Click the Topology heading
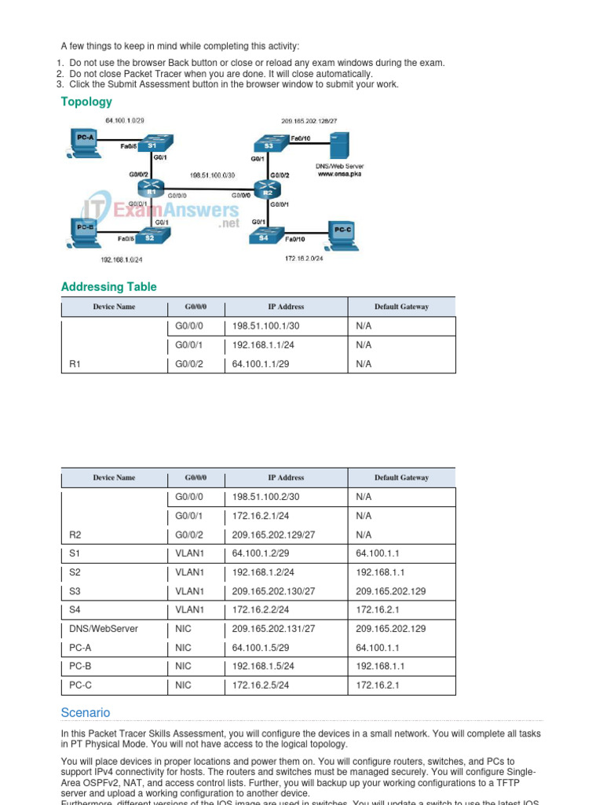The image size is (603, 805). point(86,101)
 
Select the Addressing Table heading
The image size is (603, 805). point(108,287)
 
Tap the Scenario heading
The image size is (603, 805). point(86,712)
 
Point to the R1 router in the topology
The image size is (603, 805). point(147,189)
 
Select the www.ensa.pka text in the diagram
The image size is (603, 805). point(339,174)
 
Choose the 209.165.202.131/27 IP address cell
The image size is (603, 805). point(273,629)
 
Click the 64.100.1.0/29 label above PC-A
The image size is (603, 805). point(125,120)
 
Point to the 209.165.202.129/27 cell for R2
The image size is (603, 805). point(273,535)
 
